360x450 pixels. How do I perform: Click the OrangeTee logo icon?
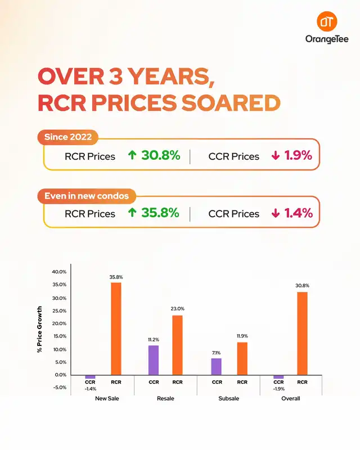(x=327, y=22)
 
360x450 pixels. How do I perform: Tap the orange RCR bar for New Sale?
(x=116, y=328)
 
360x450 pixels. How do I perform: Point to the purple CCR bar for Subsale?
(x=217, y=366)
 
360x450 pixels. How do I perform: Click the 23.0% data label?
(x=178, y=309)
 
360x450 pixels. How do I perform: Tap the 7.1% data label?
(x=217, y=352)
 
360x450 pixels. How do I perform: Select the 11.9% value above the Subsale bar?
(x=242, y=336)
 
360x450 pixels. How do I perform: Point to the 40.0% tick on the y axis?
(x=59, y=272)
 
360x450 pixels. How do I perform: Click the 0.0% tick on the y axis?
(x=61, y=375)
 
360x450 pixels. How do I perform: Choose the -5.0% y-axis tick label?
(x=60, y=388)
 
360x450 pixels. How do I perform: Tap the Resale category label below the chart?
(x=166, y=399)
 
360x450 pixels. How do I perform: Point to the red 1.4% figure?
(x=298, y=214)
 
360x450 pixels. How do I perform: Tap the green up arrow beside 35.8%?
(x=132, y=214)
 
